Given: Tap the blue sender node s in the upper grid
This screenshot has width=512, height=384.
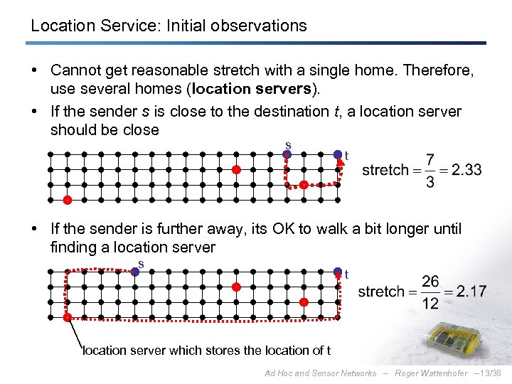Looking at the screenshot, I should pos(287,154).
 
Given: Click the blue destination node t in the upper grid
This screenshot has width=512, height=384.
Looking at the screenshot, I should pos(338,154).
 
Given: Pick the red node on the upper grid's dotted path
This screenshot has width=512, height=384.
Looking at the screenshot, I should pos(304,185).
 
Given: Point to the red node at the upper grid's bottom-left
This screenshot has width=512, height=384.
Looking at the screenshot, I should pos(67,201).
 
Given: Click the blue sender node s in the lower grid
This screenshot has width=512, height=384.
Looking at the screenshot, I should pos(134,271).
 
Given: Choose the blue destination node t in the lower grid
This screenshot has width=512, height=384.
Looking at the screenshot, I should pos(338,271).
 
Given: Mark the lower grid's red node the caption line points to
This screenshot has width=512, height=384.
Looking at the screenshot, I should pos(67,317).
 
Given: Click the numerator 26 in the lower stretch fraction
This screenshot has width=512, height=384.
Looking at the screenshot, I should pos(430,281).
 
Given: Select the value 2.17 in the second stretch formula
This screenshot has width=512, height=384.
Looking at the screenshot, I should pos(471,292).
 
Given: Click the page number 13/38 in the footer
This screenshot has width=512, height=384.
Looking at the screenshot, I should pos(490,373).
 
